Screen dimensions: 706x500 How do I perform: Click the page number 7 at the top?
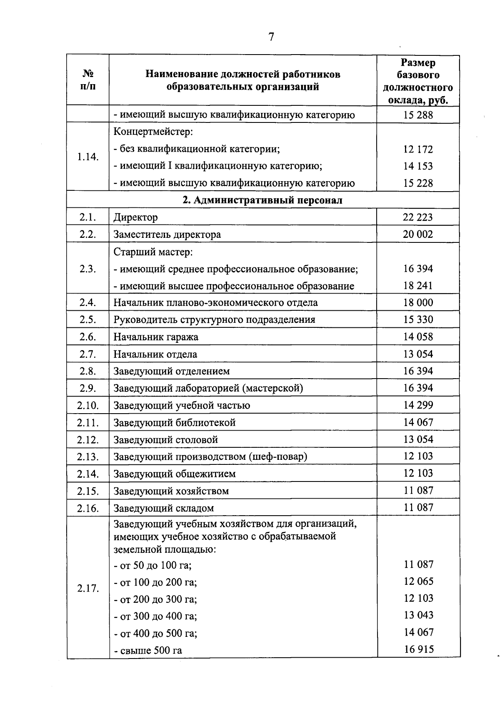271,37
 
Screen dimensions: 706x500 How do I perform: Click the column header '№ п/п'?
88,80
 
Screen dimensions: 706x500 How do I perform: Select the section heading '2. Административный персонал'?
263,200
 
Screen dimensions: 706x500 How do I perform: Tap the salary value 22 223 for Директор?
418,217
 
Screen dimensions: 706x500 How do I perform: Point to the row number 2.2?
88,234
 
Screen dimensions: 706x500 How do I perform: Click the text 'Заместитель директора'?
167,235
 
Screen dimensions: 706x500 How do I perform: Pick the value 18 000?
418,303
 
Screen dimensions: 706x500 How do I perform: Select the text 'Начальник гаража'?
156,337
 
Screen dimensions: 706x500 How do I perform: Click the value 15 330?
418,320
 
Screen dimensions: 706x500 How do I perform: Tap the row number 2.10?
88,405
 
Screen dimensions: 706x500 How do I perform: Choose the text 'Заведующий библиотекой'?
175,422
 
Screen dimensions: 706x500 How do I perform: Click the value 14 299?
418,405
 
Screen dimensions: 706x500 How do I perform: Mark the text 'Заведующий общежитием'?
175,474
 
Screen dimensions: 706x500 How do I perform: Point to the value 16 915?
419,649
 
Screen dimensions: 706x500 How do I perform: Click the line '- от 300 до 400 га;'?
155,616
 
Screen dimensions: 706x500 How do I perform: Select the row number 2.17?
88,589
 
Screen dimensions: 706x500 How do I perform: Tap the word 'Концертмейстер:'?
153,132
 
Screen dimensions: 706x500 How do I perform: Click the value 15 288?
418,115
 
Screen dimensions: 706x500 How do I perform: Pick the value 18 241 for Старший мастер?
418,286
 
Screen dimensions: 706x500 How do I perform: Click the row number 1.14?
88,157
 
